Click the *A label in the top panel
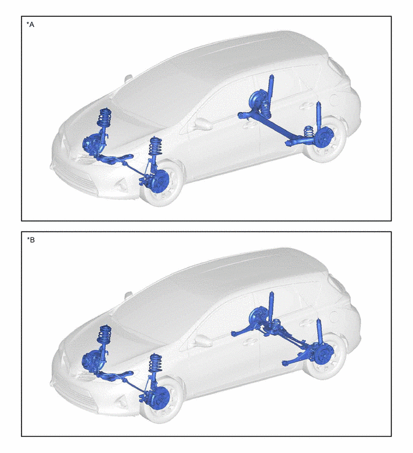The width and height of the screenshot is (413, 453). click(x=31, y=25)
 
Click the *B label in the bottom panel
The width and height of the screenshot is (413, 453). click(x=31, y=240)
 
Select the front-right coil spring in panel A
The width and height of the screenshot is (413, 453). click(x=105, y=117)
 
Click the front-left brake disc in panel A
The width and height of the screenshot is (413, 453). click(x=160, y=181)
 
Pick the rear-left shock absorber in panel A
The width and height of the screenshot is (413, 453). click(x=319, y=116)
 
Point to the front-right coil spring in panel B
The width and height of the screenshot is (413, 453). click(x=105, y=334)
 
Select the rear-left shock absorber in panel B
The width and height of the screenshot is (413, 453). click(x=319, y=332)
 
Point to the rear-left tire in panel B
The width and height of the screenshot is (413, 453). click(x=326, y=355)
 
